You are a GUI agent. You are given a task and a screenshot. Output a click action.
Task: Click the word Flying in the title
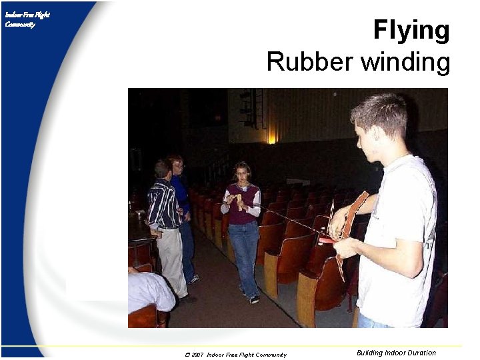[x=411, y=31]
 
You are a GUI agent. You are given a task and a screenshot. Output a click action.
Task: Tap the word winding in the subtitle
[x=406, y=62]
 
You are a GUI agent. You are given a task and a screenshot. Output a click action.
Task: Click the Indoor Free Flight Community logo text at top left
[x=27, y=19]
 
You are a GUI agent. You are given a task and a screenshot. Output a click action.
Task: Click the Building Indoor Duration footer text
[x=396, y=353]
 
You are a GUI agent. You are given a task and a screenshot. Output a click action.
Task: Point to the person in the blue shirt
[x=180, y=193]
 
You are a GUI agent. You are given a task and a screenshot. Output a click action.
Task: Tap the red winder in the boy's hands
[x=327, y=238]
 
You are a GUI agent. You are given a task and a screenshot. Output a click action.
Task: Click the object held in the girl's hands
[x=239, y=200]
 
